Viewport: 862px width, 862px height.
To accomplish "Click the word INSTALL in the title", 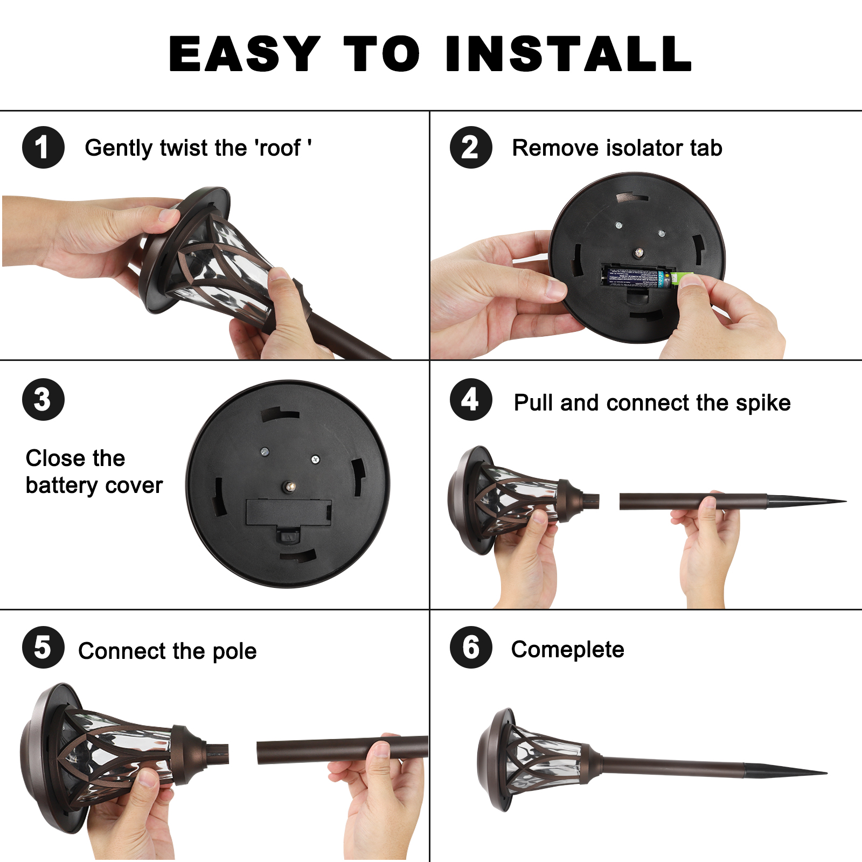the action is [569, 53].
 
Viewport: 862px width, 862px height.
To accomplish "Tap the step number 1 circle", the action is [43, 148].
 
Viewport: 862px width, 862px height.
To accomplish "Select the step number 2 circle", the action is [471, 148].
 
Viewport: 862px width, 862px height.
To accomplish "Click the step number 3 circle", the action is [43, 399].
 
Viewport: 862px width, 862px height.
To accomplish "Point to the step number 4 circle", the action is [471, 399].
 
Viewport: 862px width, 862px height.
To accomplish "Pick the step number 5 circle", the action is [43, 647].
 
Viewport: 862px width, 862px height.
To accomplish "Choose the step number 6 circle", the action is [471, 647].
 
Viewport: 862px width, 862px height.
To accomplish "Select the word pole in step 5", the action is [235, 651].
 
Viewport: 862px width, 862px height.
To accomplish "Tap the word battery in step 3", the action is [61, 486].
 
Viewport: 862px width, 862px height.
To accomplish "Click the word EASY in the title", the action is [245, 53].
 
